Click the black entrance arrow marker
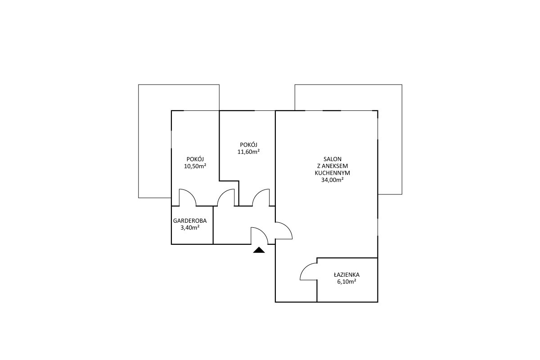point(259,250)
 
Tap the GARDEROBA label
point(190,220)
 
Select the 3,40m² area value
point(190,228)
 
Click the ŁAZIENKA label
point(346,274)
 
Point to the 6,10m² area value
point(346,282)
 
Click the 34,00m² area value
point(333,180)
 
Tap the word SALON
point(333,159)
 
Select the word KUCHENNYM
point(333,173)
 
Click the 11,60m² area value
point(248,152)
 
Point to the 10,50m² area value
point(195,166)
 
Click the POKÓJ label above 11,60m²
point(248,145)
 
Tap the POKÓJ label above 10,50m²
point(195,159)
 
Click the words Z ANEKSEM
point(333,166)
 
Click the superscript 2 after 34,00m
point(342,179)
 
